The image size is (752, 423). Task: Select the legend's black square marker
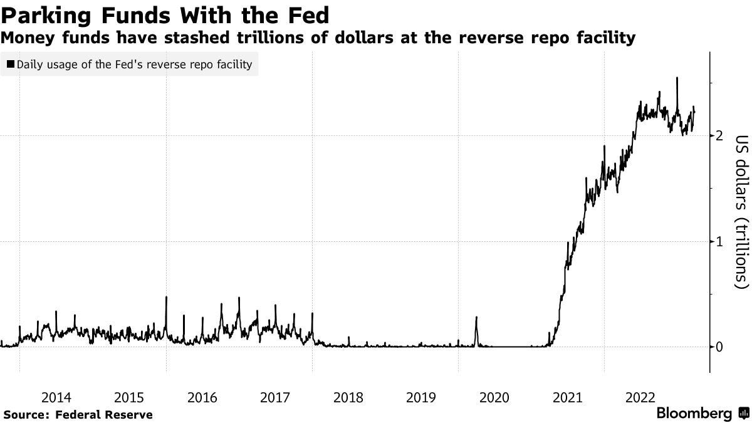tap(11, 65)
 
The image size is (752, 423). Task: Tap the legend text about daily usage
tap(135, 65)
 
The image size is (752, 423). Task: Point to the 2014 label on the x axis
tap(56, 397)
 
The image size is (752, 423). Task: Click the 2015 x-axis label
tap(129, 397)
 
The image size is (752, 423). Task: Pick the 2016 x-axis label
tap(202, 397)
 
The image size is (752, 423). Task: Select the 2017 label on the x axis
tap(275, 397)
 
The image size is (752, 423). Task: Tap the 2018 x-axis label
tap(348, 397)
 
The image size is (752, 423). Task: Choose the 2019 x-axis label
tap(421, 397)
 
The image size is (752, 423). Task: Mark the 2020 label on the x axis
tap(494, 397)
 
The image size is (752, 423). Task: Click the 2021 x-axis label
tap(568, 397)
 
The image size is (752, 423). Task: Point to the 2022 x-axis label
tap(640, 397)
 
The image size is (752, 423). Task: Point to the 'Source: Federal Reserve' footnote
tap(78, 414)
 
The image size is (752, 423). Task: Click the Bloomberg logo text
tap(694, 414)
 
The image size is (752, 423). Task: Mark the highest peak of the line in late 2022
tap(677, 78)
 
